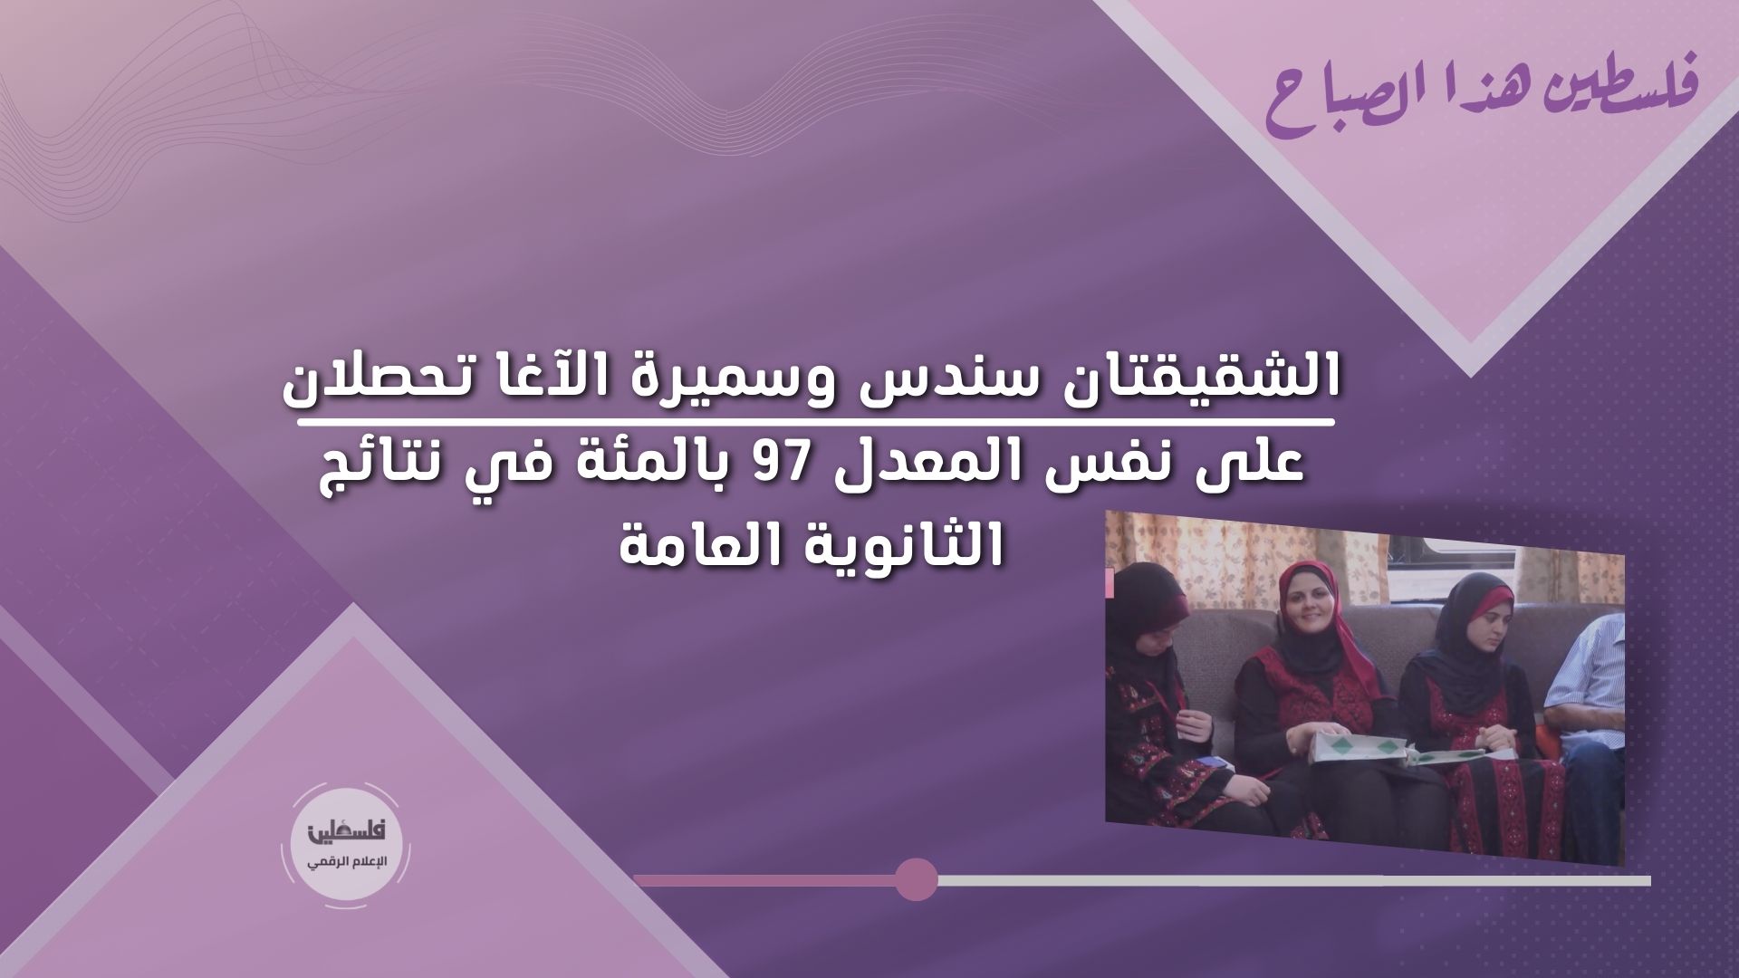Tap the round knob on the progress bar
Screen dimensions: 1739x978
click(916, 879)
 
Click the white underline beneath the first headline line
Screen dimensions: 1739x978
click(814, 424)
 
